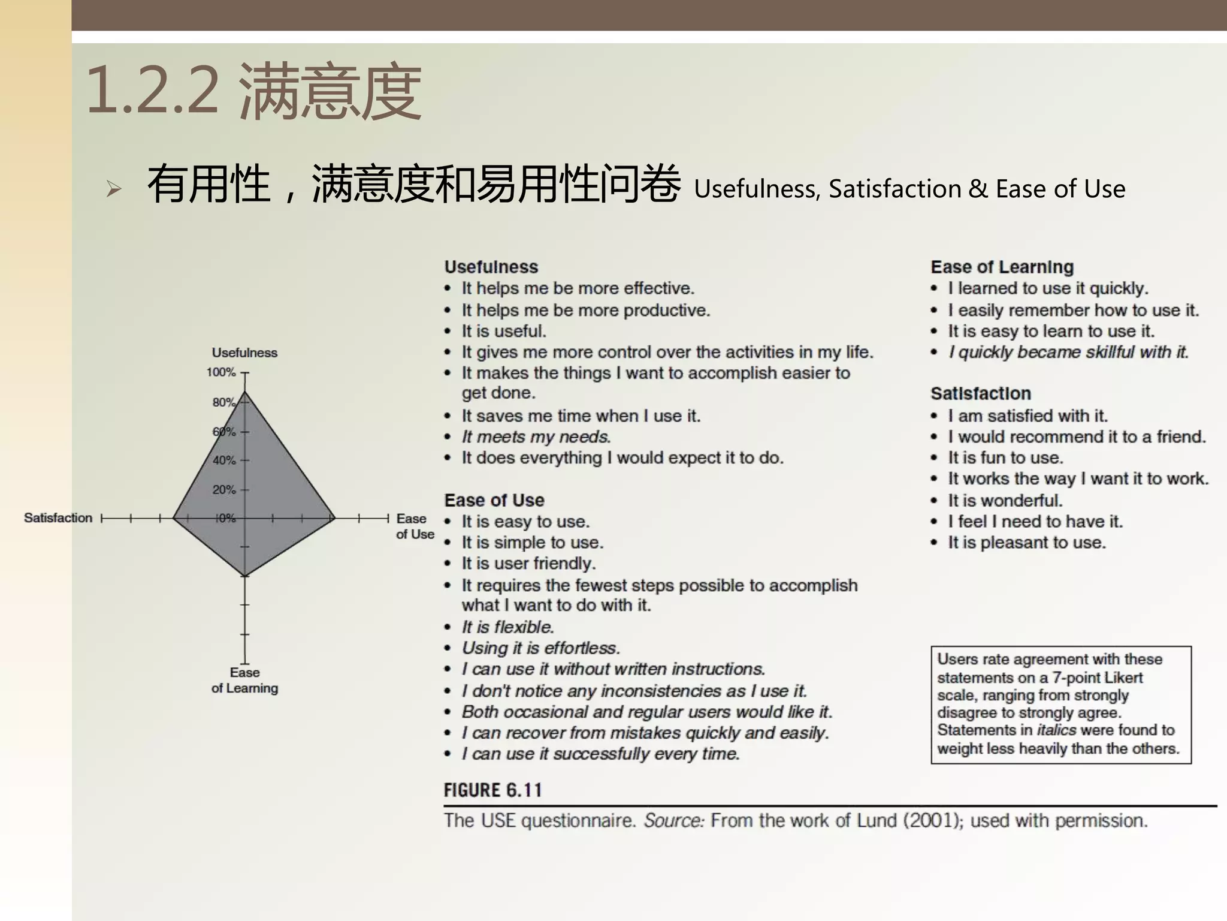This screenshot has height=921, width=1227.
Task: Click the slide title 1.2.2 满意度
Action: [x=254, y=92]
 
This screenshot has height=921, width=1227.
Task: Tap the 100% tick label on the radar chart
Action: [x=221, y=372]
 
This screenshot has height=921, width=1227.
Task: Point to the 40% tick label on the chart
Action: [x=224, y=460]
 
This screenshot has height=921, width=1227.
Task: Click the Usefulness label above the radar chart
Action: [x=244, y=353]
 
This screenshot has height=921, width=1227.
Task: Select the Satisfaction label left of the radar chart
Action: [x=58, y=518]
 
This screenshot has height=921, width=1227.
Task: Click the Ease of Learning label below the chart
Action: [x=244, y=681]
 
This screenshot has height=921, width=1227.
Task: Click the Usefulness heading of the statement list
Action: [x=491, y=267]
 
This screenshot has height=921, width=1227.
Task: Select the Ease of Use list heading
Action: [x=494, y=500]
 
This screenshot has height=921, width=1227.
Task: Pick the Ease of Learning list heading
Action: [x=1002, y=267]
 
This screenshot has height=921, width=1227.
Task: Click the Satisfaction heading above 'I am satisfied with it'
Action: [x=980, y=393]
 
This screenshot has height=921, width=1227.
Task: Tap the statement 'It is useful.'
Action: [x=504, y=331]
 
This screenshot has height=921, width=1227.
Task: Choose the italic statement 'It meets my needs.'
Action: [x=536, y=437]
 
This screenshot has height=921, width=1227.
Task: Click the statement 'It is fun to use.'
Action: [x=1005, y=458]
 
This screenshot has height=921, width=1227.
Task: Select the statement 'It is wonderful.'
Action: [x=1005, y=500]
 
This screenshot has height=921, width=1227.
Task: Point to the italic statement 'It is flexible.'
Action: [x=507, y=627]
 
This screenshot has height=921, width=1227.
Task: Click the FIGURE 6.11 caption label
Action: [x=492, y=790]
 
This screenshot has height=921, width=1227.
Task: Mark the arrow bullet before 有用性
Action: [x=113, y=189]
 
